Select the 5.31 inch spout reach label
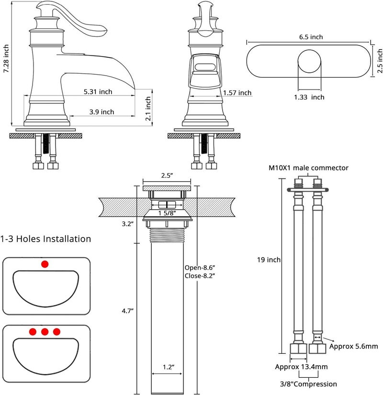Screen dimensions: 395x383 pos(98,91)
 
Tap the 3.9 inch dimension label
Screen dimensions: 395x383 pos(101,112)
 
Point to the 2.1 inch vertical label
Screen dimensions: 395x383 pos(148,108)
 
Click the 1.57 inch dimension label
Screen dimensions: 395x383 pos(237,93)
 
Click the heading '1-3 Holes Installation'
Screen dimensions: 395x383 pos(45,238)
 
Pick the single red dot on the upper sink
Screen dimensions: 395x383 pos(45,263)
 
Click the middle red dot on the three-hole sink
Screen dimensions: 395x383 pos(45,331)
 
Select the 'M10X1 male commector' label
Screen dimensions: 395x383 pos(308,168)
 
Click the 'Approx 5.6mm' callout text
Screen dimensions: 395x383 pos(354,346)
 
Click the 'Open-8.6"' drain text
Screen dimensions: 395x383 pos(200,268)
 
